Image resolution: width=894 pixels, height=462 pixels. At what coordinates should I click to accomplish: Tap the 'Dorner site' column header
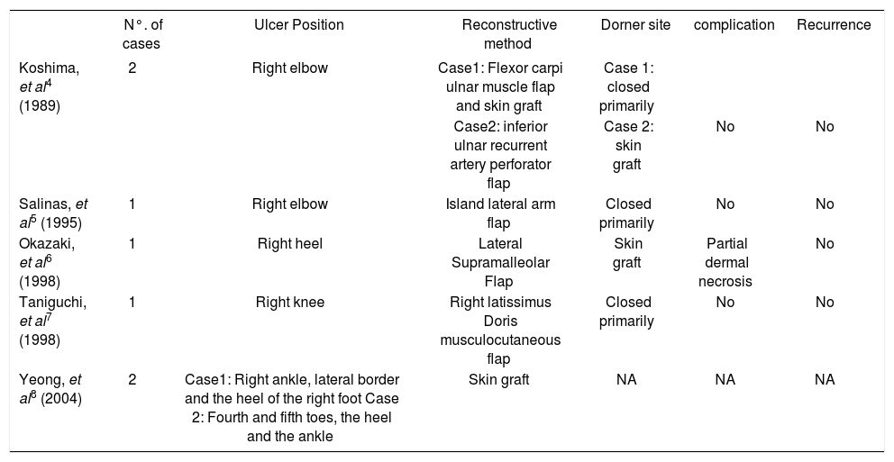635,25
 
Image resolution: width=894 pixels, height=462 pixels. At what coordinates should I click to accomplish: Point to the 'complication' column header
734,25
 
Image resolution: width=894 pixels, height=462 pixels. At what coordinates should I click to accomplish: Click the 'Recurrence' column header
834,25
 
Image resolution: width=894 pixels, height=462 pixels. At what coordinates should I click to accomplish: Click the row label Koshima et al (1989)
50,86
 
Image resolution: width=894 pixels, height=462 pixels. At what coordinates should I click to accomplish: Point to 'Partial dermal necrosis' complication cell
725,262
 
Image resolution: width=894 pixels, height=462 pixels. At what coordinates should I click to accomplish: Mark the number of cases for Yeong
132,380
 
